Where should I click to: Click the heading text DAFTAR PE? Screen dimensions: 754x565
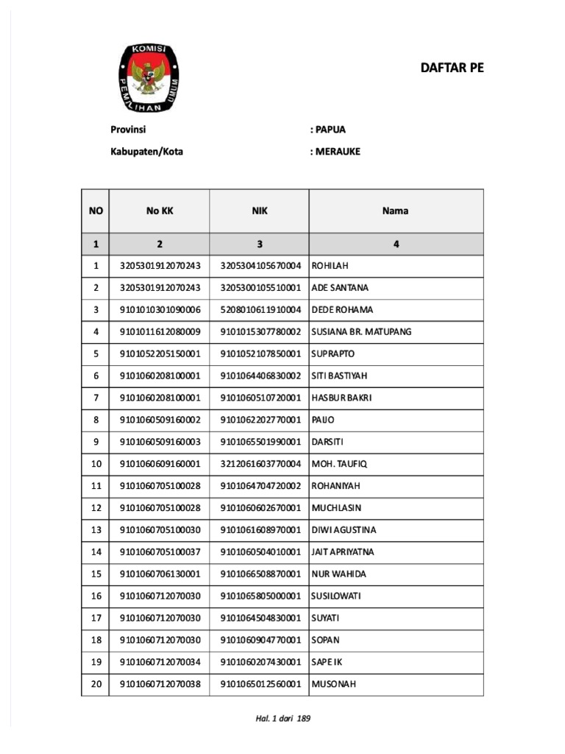[452, 68]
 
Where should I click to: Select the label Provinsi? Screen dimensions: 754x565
[128, 130]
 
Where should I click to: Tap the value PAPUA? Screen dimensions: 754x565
[328, 130]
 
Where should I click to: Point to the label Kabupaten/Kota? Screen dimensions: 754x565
[146, 152]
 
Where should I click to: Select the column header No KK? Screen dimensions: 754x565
[160, 211]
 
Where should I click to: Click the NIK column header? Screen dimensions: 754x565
[259, 211]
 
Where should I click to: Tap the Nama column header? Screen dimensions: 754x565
[395, 211]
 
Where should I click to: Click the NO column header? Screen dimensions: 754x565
[96, 211]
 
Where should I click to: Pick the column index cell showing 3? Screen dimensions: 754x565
[259, 244]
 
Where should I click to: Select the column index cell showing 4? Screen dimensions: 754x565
[395, 244]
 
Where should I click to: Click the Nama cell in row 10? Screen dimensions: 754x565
[339, 464]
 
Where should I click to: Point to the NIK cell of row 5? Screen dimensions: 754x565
[260, 353]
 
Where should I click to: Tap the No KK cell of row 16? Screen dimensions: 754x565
[160, 596]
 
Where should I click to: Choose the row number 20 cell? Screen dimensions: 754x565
[96, 684]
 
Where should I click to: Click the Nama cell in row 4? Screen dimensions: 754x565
[361, 331]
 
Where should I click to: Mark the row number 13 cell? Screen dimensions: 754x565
[96, 530]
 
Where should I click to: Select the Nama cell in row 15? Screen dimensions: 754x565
[338, 574]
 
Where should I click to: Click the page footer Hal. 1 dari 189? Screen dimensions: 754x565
[282, 719]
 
